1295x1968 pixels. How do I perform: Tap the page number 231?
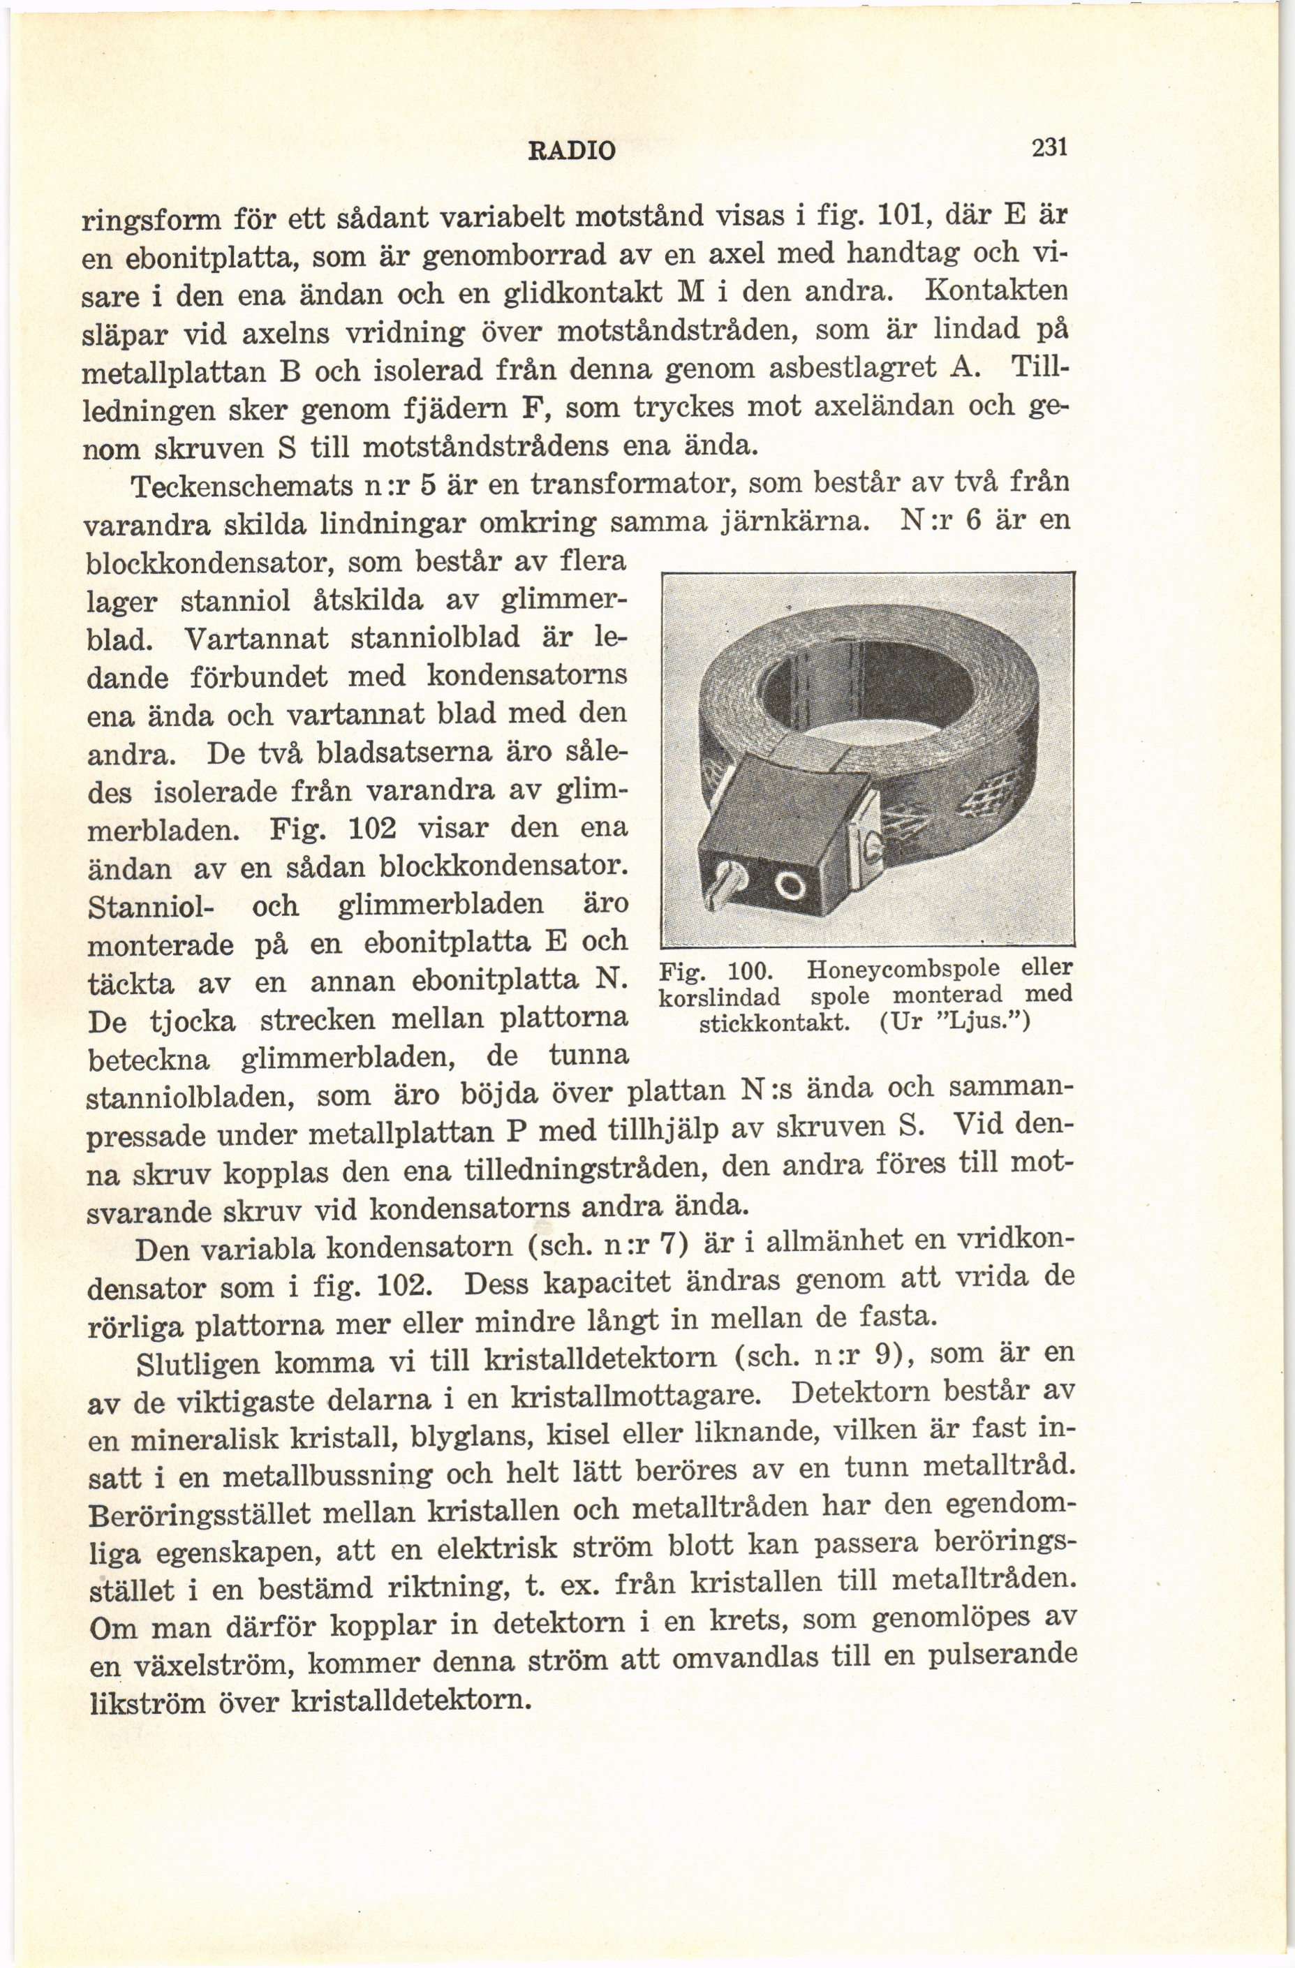click(1049, 149)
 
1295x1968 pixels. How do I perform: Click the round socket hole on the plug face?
click(790, 889)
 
